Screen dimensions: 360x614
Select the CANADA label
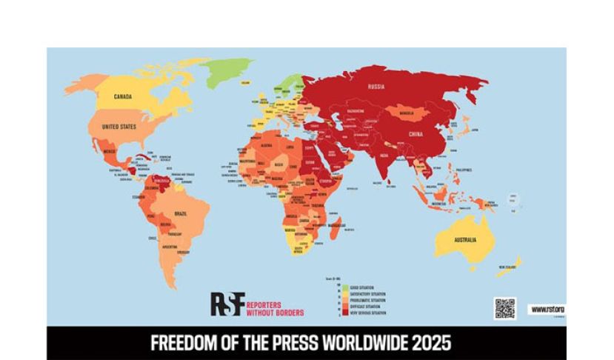pos(123,97)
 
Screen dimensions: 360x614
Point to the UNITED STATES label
pos(119,127)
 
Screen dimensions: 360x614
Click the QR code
pos(504,308)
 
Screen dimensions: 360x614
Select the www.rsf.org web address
pos(547,309)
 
